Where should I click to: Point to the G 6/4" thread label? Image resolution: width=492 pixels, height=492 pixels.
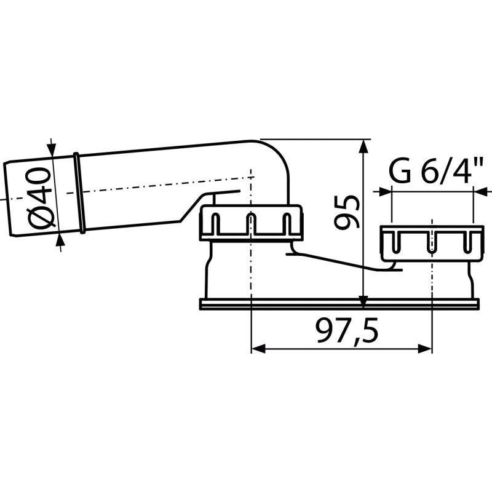434,173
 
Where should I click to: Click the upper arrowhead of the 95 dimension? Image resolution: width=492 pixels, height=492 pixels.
363,146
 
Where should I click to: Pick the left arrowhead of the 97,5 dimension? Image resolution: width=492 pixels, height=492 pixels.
258,349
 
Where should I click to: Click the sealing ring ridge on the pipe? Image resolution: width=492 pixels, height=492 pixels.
78,192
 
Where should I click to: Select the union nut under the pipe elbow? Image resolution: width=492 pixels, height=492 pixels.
251,223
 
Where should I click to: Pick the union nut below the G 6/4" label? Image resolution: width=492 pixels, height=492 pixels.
430,241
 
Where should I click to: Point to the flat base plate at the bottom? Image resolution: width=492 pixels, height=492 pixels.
338,303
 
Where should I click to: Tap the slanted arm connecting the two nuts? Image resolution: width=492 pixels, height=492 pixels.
338,261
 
